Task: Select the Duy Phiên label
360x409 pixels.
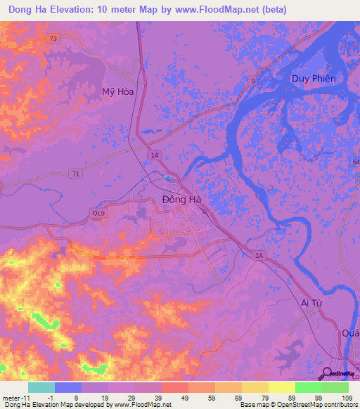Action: [314, 78]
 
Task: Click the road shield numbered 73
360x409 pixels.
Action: [53, 39]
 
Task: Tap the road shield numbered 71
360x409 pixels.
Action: [75, 172]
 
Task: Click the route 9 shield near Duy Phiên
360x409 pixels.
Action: [253, 82]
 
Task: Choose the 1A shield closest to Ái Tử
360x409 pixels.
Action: [259, 256]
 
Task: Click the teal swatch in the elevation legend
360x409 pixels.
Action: [41, 387]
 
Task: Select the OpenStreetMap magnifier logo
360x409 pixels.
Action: [328, 373]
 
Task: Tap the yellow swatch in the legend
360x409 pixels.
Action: [255, 387]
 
